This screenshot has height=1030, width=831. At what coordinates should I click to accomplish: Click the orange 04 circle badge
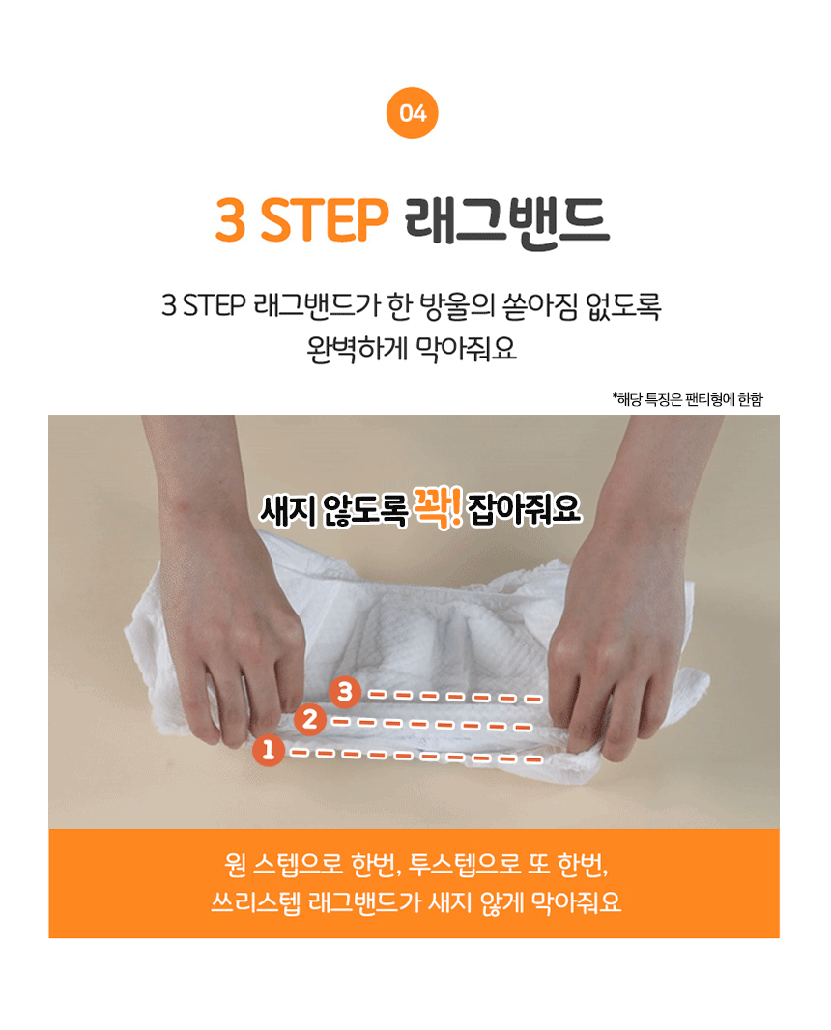412,113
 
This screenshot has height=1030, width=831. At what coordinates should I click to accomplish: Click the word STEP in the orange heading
325,220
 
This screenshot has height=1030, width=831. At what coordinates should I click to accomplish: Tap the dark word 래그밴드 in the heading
507,222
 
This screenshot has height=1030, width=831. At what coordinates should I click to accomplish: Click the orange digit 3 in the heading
231,220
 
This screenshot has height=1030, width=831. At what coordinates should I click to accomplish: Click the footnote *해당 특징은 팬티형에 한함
688,399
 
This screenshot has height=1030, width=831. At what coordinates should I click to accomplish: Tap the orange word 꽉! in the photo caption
436,508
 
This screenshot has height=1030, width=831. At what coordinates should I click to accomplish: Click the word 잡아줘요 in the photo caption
525,509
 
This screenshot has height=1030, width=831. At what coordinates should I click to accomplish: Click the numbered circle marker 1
268,750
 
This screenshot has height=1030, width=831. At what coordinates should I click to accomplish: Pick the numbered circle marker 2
310,719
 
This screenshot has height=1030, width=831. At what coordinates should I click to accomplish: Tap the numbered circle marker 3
345,691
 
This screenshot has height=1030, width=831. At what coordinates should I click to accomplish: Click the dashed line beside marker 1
416,757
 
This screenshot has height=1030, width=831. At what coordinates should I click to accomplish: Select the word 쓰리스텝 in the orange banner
255,901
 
